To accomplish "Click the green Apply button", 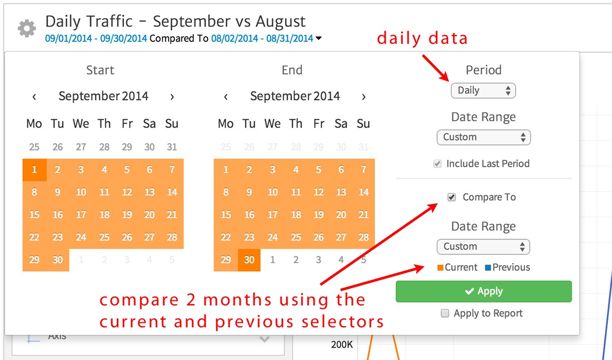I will (x=483, y=291).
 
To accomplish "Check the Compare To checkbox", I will (x=451, y=197).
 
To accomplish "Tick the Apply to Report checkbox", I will (x=445, y=314).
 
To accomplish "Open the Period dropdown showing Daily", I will (x=483, y=91).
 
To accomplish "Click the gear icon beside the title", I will (x=27, y=28).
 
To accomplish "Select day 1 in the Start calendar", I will (x=34, y=170).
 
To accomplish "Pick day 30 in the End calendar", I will (x=249, y=260).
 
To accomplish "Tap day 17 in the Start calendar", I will (x=81, y=215).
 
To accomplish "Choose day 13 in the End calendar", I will (x=341, y=192).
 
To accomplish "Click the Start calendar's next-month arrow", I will (x=172, y=96).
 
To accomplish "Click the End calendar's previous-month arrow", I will (x=226, y=96).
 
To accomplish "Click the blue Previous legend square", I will (x=487, y=268).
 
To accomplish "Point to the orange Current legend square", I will (x=441, y=268).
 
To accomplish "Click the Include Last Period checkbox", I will (x=437, y=164).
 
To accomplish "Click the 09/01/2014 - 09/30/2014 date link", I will (x=96, y=38).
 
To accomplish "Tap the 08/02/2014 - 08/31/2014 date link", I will (x=262, y=38).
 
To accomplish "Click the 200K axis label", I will (x=342, y=345).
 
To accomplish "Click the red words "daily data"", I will (x=422, y=38).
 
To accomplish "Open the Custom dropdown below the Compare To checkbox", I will (x=483, y=247).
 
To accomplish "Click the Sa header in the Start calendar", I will (x=149, y=123).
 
